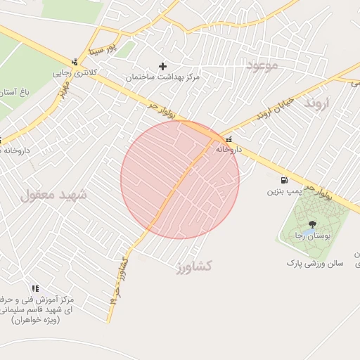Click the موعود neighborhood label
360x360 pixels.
click(x=262, y=65)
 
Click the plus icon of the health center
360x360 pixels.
click(x=163, y=66)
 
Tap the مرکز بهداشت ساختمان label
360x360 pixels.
click(x=163, y=77)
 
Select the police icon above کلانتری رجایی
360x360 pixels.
click(x=75, y=62)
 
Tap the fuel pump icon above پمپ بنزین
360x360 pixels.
click(x=284, y=180)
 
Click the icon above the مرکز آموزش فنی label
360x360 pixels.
click(x=35, y=288)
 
